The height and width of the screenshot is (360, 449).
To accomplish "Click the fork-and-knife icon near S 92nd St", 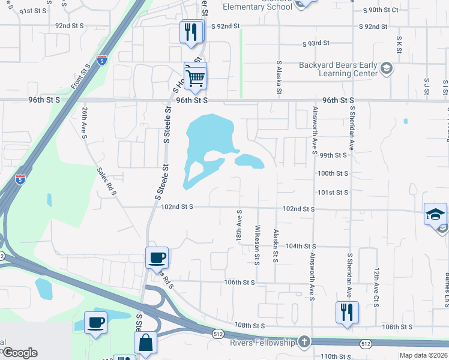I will (191, 31).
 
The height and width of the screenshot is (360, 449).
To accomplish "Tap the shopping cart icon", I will (195, 76).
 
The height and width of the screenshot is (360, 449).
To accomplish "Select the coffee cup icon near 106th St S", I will (157, 258).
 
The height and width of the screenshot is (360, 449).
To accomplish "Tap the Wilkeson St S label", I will (257, 245).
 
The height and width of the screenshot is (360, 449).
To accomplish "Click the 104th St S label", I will (301, 246).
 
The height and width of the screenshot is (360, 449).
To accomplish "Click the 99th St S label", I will (334, 155).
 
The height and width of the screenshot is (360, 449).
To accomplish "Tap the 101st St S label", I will (334, 193).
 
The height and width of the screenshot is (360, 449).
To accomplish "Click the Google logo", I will (19, 353).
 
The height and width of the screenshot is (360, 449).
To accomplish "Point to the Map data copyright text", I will (424, 355).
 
